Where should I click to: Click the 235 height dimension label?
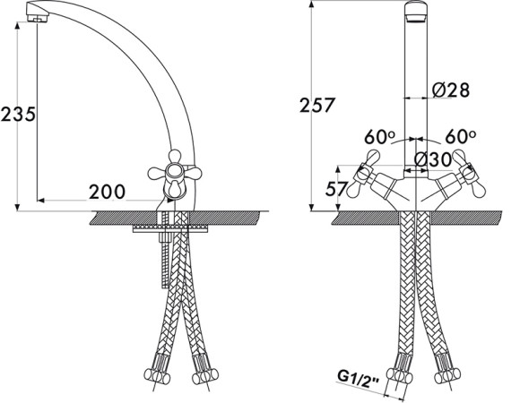click(18, 115)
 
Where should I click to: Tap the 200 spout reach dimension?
click(107, 192)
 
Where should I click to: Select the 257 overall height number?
click(316, 106)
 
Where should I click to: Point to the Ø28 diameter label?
click(451, 90)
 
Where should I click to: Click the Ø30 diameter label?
click(433, 160)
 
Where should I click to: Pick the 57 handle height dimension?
click(336, 190)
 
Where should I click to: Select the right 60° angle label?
click(461, 136)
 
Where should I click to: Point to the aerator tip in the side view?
click(37, 18)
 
